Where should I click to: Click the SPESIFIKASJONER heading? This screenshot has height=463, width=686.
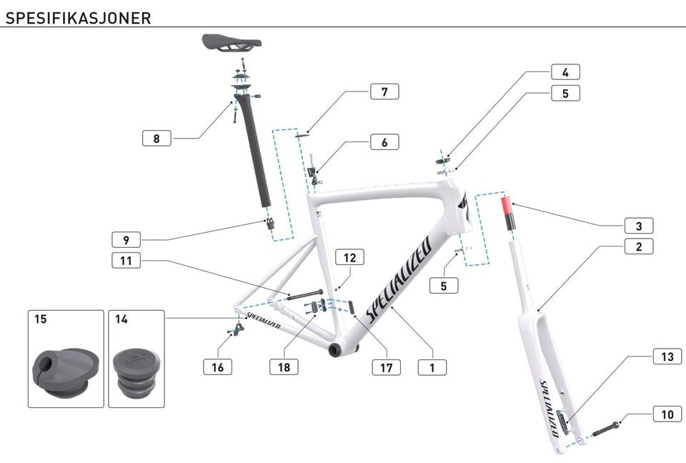click(78, 18)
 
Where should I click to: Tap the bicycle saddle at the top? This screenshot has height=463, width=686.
click(231, 42)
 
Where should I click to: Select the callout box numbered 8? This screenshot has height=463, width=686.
click(156, 138)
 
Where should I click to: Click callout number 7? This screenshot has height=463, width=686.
click(384, 92)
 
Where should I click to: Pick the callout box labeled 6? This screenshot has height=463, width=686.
click(384, 142)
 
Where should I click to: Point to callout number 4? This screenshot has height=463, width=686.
click(565, 72)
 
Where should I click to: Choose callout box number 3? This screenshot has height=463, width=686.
click(639, 226)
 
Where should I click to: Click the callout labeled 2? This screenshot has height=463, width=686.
click(639, 247)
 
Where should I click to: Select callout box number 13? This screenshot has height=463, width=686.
click(667, 357)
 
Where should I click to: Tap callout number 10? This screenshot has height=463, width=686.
click(667, 414)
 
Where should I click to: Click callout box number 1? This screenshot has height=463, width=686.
click(432, 367)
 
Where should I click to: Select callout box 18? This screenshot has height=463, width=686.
click(284, 367)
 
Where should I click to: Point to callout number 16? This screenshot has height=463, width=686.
click(218, 367)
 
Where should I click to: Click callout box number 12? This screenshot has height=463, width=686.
click(349, 257)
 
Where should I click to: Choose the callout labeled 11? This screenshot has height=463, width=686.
click(126, 261)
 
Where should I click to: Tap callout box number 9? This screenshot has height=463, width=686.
click(126, 239)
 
